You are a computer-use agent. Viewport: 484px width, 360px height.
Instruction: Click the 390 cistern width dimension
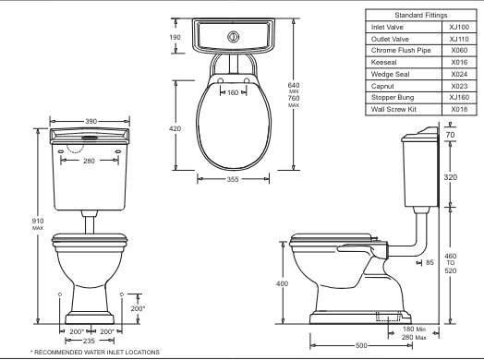pos(91,121)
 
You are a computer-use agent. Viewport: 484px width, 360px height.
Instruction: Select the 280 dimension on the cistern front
pos(89,161)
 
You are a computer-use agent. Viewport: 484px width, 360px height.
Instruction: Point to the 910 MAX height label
pos(38,224)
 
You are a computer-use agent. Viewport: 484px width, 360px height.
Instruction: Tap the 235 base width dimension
pos(89,341)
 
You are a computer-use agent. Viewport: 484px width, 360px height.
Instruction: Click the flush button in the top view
pos(234,37)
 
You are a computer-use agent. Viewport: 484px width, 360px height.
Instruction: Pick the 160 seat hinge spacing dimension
pos(233,92)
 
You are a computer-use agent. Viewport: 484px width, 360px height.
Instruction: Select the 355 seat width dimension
pos(233,179)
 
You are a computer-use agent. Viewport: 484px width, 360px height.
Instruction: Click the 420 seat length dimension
pos(175,128)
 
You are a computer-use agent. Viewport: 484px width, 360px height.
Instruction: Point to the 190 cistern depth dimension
pos(175,37)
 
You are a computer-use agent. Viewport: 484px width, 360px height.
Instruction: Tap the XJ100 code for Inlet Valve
pos(459,27)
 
